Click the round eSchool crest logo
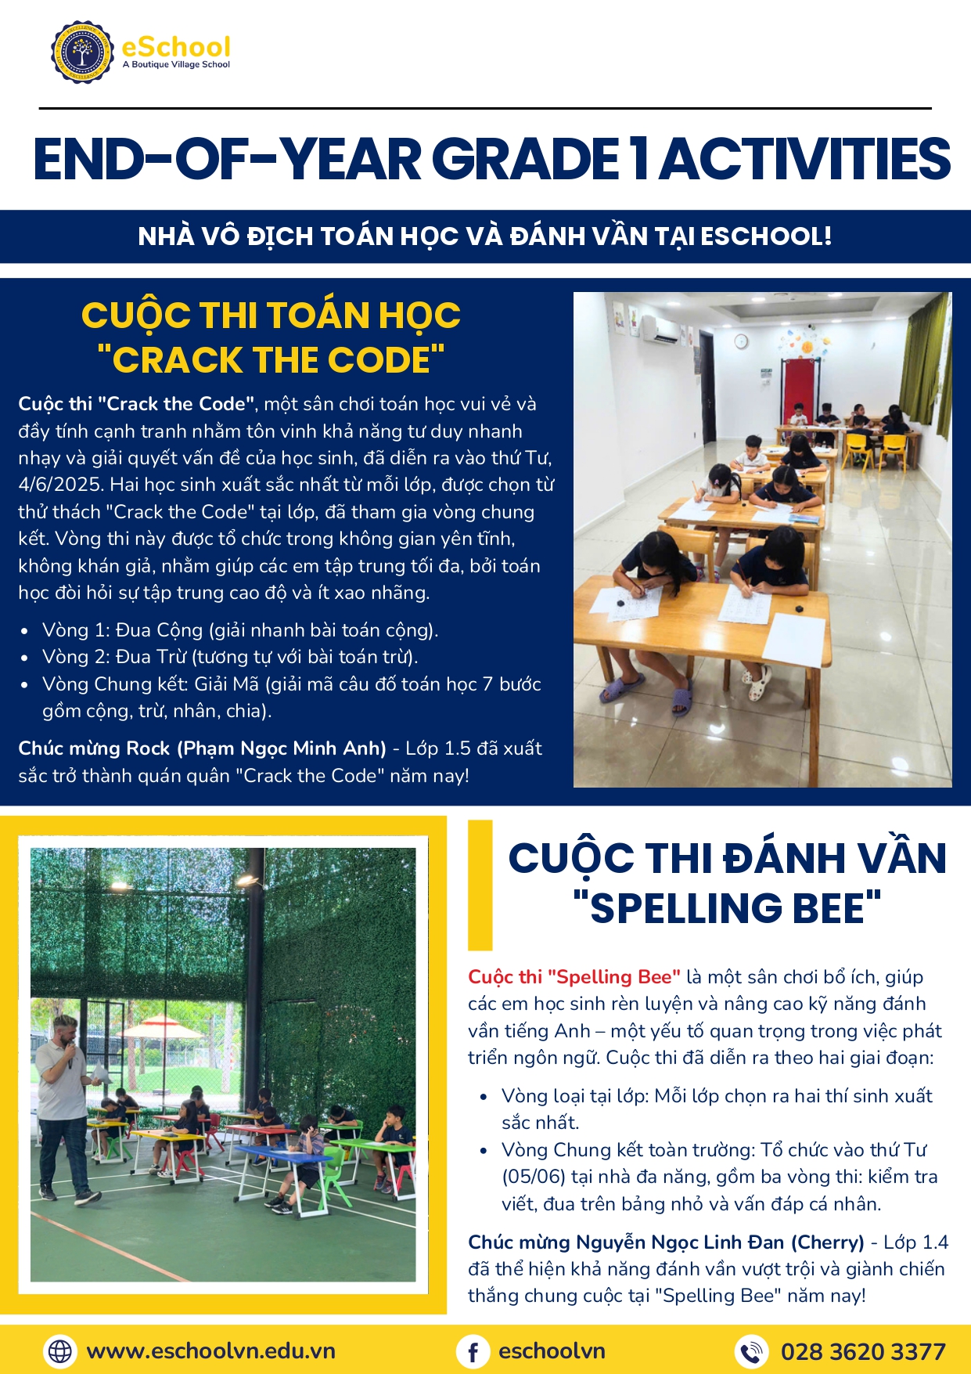[81, 52]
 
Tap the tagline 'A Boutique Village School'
[176, 65]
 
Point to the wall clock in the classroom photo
[740, 341]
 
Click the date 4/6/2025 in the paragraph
[61, 485]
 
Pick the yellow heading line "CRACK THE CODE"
[271, 360]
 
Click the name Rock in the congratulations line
[148, 748]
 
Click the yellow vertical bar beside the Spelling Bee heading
[480, 885]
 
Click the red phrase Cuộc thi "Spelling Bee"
[574, 977]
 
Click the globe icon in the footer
[60, 1351]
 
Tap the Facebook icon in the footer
[473, 1352]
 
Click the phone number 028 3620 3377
[863, 1352]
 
